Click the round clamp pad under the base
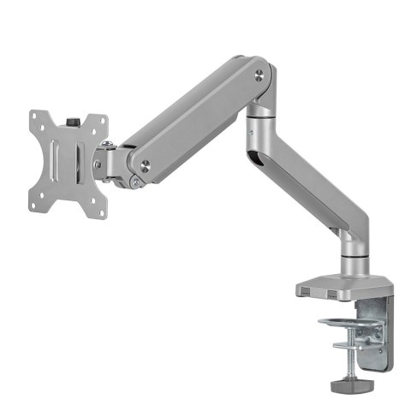342,324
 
